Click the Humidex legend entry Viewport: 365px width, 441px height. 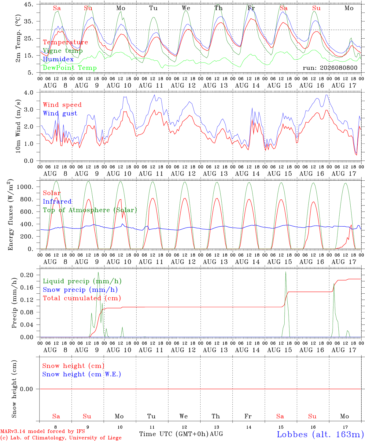[58, 59]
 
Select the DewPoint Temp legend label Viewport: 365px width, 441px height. [70, 68]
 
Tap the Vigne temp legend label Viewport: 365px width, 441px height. [63, 51]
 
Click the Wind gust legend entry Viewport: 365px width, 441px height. [60, 113]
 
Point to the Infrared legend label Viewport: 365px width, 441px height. [57, 202]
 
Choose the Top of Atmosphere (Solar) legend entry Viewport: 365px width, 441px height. [90, 210]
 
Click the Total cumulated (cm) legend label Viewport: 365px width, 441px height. [82, 298]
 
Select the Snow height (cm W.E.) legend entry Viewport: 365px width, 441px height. [82, 374]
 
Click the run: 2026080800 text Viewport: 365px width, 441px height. [330, 68]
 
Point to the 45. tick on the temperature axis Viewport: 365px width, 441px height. [28, 4]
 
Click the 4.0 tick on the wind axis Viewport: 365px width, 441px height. [28, 92]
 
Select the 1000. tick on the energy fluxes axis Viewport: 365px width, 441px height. [25, 187]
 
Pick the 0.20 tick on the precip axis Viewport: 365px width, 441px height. [27, 275]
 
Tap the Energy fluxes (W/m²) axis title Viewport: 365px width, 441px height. [10, 215]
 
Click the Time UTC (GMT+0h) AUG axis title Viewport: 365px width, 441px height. [181, 434]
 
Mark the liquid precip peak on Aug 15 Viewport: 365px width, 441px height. [286, 272]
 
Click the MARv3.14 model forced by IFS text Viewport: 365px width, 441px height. [42, 431]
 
